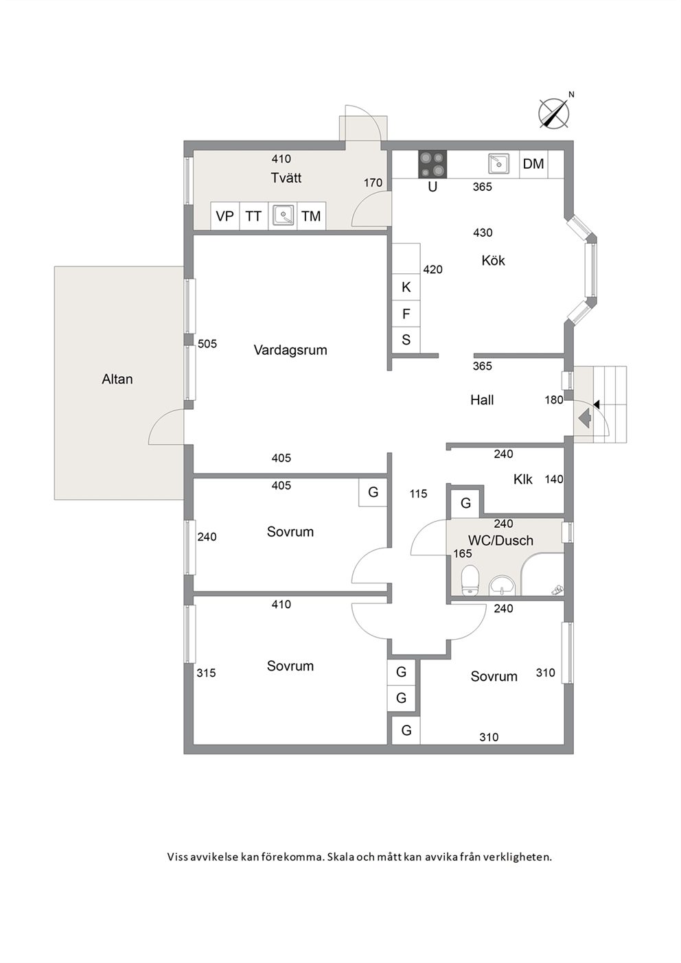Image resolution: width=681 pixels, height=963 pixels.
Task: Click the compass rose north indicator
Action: (x=554, y=113)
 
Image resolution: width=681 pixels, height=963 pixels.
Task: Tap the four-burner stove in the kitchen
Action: (x=432, y=164)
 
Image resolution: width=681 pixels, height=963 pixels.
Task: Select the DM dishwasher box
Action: (x=533, y=164)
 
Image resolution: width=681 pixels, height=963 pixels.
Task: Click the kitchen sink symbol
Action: (x=498, y=163)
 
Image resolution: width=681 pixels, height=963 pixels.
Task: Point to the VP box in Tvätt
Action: (x=225, y=216)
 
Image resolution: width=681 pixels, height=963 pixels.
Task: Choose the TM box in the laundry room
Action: (x=311, y=216)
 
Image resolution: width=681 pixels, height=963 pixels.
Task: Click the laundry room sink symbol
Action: (x=283, y=215)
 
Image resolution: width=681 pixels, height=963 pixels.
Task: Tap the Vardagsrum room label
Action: (x=290, y=350)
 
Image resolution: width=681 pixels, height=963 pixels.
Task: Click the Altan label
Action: (x=117, y=379)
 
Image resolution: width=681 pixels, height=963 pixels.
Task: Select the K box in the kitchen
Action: (x=406, y=287)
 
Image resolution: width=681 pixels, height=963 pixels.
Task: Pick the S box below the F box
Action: (x=406, y=340)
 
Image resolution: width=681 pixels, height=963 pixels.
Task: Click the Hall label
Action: (x=482, y=400)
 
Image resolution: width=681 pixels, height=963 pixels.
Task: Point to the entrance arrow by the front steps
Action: (x=585, y=417)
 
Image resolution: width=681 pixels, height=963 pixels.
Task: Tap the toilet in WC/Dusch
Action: (x=470, y=580)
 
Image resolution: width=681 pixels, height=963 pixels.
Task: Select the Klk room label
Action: (x=523, y=479)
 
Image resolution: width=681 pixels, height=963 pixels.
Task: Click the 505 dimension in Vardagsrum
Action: (x=207, y=344)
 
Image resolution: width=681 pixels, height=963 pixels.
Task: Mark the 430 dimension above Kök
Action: (x=483, y=233)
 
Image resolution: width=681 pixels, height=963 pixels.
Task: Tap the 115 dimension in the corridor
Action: (x=418, y=494)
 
